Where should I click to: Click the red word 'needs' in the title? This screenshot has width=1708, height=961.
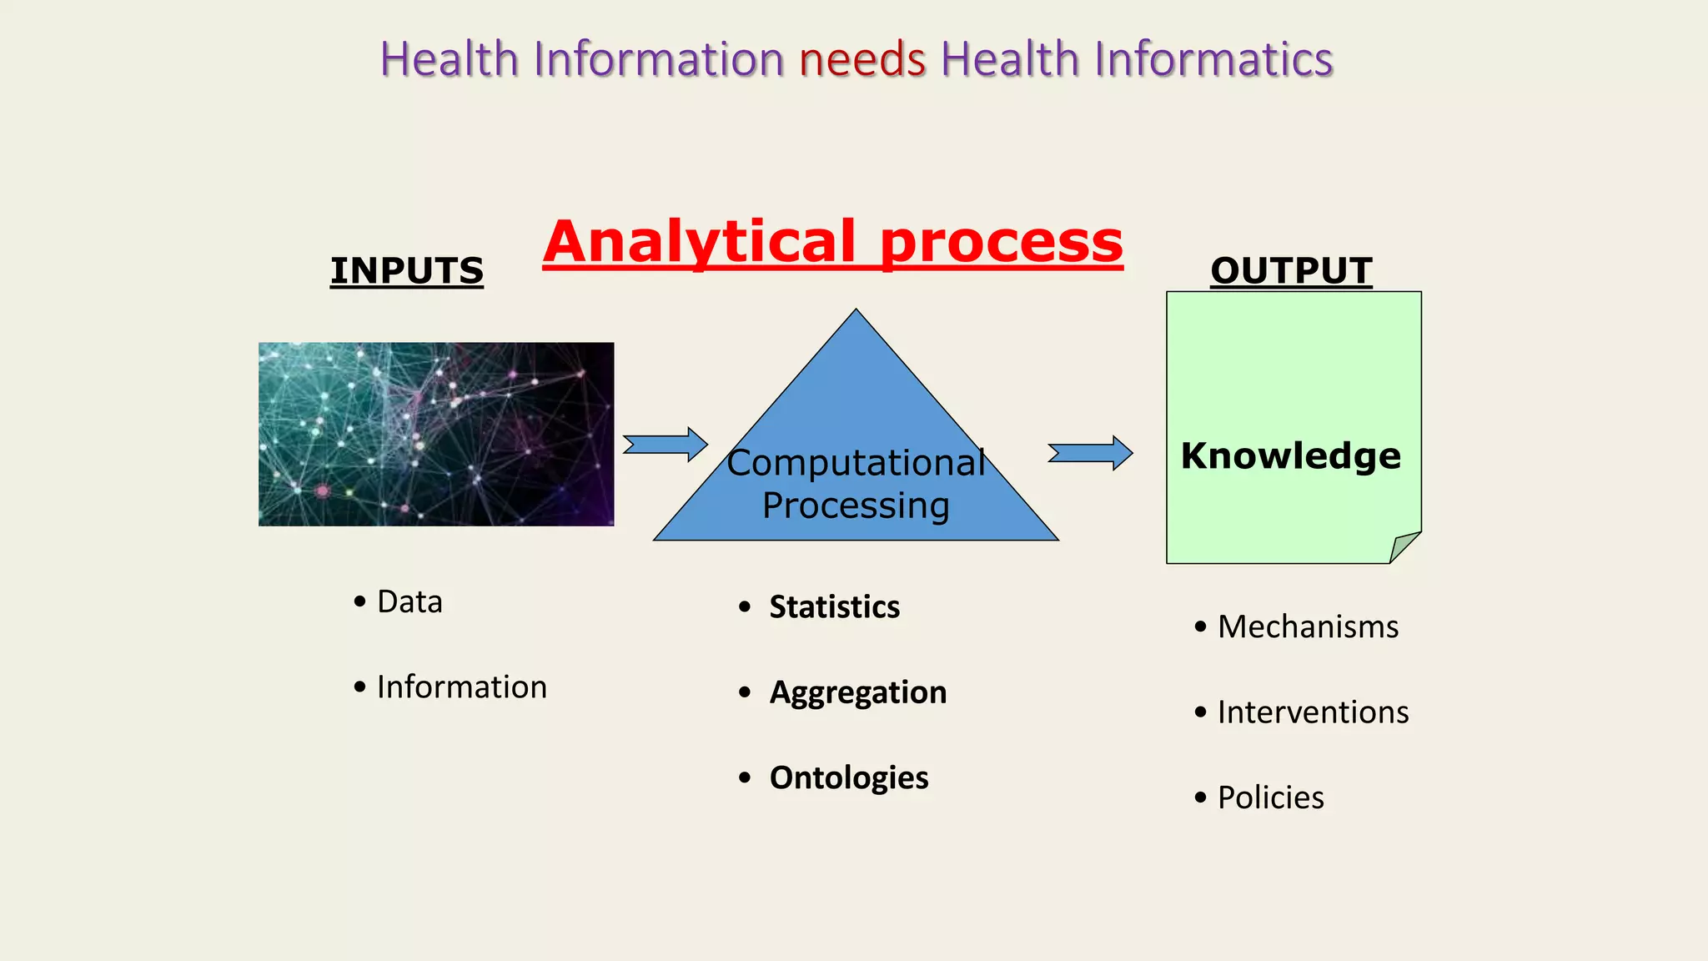[862, 60]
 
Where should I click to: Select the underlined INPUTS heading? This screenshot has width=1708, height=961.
[407, 270]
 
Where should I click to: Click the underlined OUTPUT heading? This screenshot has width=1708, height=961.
[1291, 270]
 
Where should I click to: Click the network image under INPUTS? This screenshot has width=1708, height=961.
[436, 434]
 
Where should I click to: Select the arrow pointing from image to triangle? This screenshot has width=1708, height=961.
[666, 445]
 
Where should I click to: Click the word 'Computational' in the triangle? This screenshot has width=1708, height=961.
[856, 463]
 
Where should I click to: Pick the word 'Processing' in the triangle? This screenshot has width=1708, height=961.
[856, 506]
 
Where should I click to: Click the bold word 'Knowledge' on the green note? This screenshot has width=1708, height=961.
[1291, 456]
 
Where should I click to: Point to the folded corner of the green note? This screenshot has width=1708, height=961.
[1404, 546]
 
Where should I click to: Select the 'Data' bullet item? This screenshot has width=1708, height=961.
[409, 601]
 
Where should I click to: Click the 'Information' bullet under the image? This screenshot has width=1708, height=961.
[461, 687]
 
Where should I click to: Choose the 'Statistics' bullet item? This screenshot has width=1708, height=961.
[834, 606]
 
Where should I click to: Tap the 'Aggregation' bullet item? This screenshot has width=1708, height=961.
[857, 692]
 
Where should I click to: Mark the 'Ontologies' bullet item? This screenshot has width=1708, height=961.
[848, 777]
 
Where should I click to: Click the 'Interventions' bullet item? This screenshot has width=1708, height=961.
[1313, 712]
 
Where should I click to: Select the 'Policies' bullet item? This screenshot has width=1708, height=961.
[1270, 797]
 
